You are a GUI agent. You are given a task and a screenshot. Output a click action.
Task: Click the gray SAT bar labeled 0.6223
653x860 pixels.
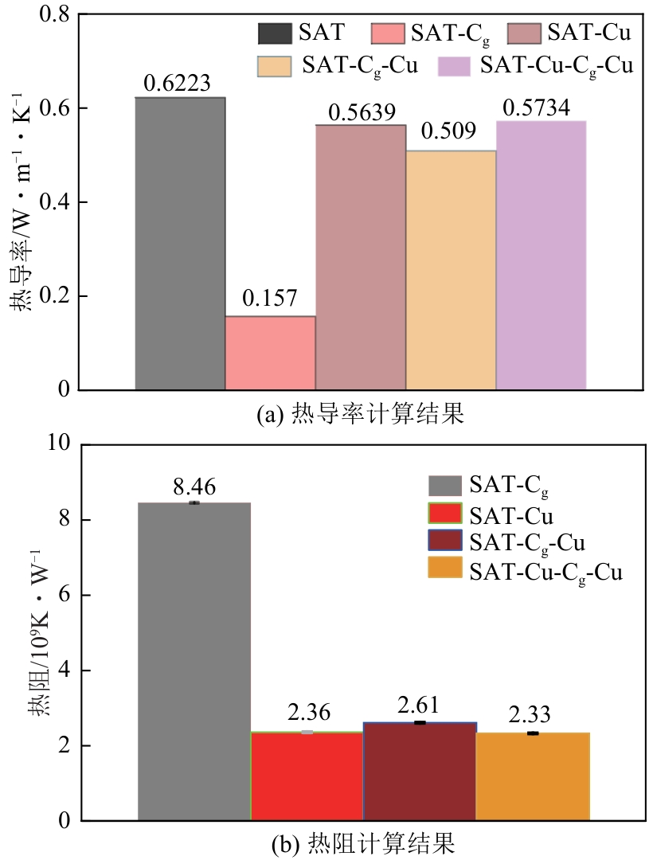pyautogui.click(x=180, y=244)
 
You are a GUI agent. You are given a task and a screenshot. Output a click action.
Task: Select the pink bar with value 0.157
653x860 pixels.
pyautogui.click(x=271, y=353)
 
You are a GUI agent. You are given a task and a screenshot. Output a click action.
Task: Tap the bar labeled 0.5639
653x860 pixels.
pyautogui.click(x=361, y=257)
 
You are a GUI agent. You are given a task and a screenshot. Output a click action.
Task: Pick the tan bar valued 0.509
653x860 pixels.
pyautogui.click(x=451, y=270)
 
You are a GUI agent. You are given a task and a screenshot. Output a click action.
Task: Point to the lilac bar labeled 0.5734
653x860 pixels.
pyautogui.click(x=542, y=255)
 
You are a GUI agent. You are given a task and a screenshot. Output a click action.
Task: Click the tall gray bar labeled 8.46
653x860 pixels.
pyautogui.click(x=194, y=661)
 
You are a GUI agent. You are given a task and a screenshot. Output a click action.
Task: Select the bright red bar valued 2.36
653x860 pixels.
pyautogui.click(x=307, y=776)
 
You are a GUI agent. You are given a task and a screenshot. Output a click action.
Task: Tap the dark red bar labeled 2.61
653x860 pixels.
pyautogui.click(x=420, y=772)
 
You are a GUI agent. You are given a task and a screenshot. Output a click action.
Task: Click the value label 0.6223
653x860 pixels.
pyautogui.click(x=180, y=84)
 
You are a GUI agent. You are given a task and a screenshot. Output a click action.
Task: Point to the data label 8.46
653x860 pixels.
pyautogui.click(x=194, y=487)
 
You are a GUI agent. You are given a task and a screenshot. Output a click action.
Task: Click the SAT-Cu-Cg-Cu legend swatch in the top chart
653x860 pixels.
pyautogui.click(x=457, y=65)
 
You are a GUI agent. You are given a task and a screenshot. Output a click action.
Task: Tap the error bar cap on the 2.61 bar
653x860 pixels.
pyautogui.click(x=420, y=722)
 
